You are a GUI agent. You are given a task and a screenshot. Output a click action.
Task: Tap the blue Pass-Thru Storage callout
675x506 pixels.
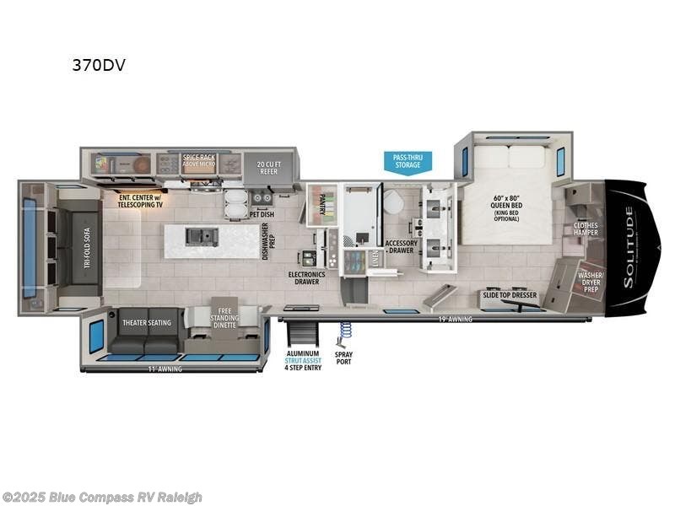[408, 160]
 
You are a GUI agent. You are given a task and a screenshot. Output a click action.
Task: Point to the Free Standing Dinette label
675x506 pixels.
[223, 310]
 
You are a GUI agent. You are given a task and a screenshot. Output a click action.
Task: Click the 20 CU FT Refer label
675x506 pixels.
[267, 166]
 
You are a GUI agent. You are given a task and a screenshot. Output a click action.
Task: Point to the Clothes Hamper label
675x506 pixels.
[585, 229]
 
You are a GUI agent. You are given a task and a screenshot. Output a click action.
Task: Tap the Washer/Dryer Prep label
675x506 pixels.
[590, 281]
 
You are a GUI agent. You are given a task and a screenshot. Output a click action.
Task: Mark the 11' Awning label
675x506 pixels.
[165, 369]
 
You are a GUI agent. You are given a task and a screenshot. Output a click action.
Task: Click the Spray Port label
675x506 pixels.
[343, 358]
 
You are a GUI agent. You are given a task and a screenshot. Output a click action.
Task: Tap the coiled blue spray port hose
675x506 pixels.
[344, 332]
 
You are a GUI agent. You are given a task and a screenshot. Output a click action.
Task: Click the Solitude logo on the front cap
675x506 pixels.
[629, 250]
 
